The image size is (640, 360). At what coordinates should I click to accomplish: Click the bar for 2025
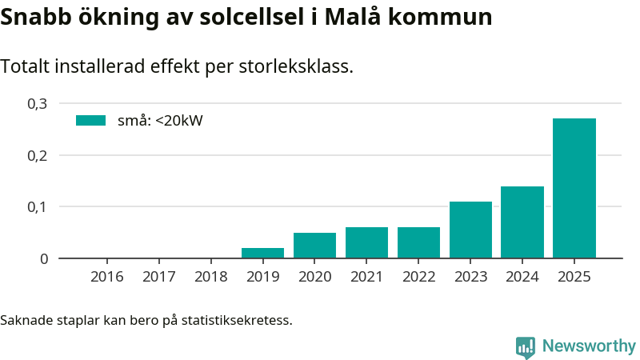point(574,188)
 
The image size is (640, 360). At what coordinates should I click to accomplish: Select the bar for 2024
point(522,222)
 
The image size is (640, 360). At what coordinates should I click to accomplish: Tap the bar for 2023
point(470,230)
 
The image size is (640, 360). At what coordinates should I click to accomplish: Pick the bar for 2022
point(418,242)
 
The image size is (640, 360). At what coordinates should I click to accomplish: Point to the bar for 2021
point(366,242)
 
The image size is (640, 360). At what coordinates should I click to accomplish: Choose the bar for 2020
point(314,245)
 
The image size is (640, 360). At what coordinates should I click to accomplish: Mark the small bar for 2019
point(262,253)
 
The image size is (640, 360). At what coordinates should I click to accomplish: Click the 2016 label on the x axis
point(107,277)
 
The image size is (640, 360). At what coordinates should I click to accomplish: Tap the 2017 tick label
point(159,277)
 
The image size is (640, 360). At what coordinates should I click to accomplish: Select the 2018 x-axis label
point(211,277)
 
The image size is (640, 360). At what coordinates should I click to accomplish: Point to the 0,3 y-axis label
point(38,103)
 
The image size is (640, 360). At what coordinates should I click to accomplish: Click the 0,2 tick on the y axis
point(38,155)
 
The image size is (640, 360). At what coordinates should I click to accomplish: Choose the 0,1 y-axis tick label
point(38,206)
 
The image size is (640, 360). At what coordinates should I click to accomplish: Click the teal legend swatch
point(90,121)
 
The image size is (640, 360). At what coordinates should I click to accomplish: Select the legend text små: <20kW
point(160,121)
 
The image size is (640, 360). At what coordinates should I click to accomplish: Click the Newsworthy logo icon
point(526,346)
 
